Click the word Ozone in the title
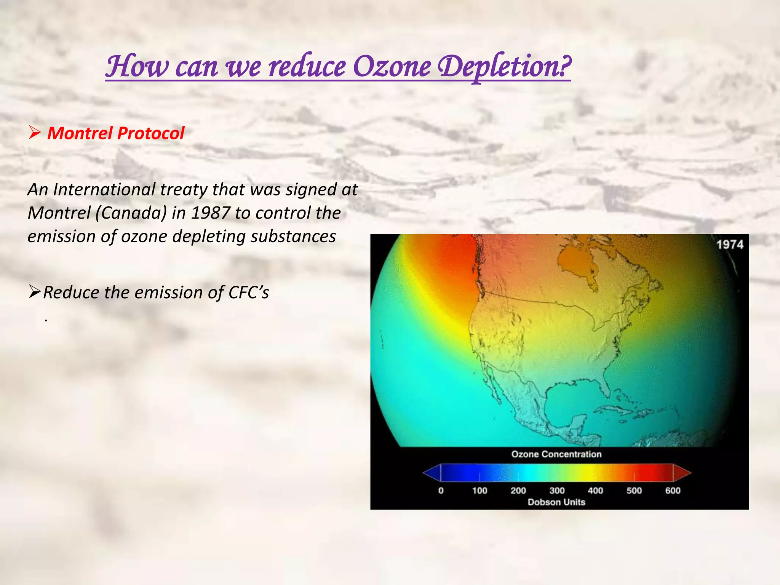392,66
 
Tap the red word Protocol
151,133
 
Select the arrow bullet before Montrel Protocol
35,133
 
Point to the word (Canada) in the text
131,213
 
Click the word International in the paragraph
104,189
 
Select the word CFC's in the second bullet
249,293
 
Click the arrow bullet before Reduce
35,292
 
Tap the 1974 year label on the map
730,245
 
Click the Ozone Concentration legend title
556,454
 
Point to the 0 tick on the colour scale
441,491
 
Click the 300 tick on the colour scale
557,491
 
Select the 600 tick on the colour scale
673,491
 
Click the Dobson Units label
556,502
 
